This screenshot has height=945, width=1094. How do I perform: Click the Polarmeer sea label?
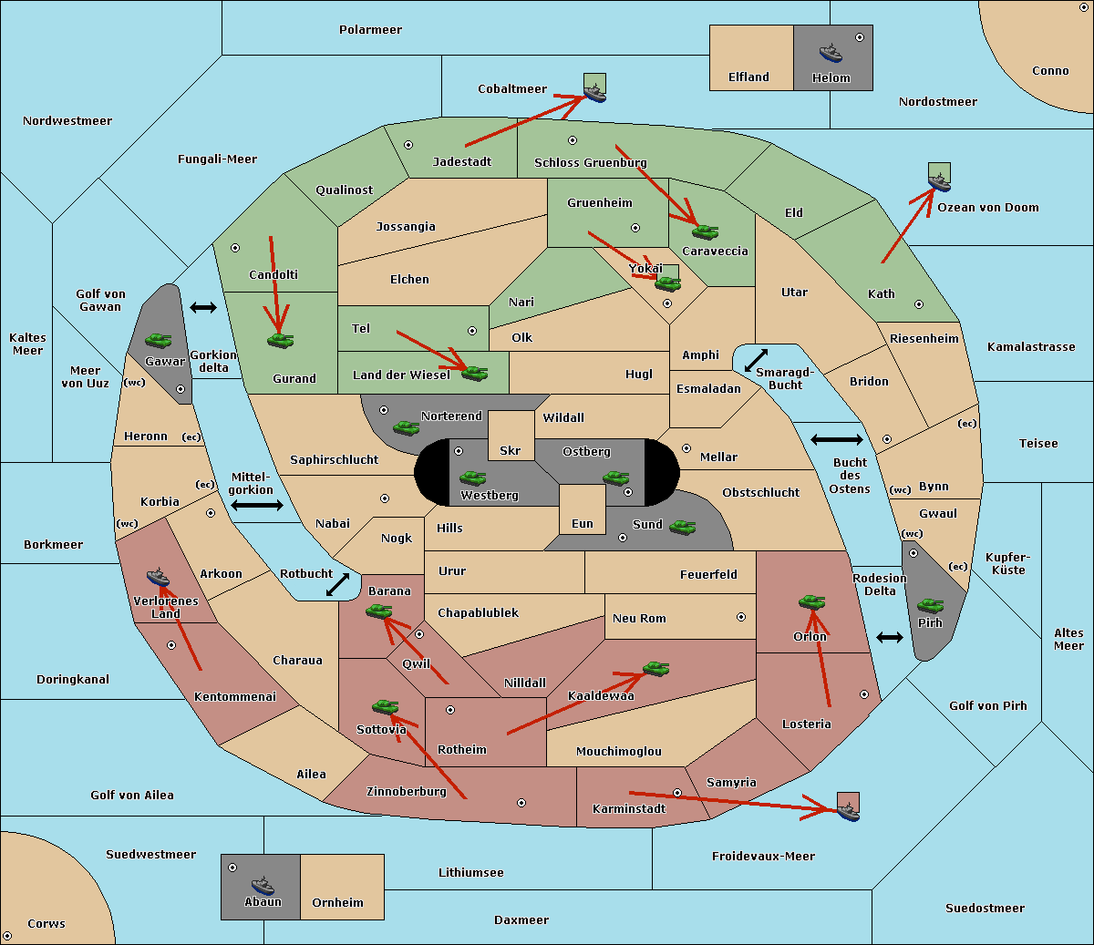[x=370, y=30]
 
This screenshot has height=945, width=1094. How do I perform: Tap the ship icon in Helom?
[x=830, y=52]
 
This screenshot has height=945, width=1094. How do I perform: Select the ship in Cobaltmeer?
[x=594, y=91]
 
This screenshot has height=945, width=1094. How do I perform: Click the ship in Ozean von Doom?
[x=938, y=181]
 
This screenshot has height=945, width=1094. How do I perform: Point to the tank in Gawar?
[x=158, y=340]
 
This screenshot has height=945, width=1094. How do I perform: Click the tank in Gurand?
[x=280, y=340]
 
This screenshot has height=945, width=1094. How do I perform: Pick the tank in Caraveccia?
[x=705, y=231]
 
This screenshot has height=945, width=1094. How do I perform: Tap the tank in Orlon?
[x=810, y=602]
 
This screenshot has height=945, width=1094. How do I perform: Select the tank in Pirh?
[x=930, y=605]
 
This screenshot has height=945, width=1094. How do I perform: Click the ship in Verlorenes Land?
[x=158, y=577]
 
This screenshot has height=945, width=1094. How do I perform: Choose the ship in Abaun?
[x=263, y=885]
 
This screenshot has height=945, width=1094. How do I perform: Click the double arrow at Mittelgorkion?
[x=257, y=505]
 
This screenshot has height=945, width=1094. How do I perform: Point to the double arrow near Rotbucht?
[x=337, y=584]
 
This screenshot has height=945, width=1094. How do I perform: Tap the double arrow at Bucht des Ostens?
[x=836, y=440]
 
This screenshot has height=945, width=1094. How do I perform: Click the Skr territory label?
[x=511, y=450]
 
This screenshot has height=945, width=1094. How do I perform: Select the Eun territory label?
[x=583, y=524]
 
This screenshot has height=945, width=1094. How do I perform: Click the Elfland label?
[x=748, y=77]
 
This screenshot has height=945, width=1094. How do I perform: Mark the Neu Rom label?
[x=639, y=619]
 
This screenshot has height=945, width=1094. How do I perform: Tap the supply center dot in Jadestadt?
[x=408, y=144]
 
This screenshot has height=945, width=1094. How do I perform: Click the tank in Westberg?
[x=472, y=478]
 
